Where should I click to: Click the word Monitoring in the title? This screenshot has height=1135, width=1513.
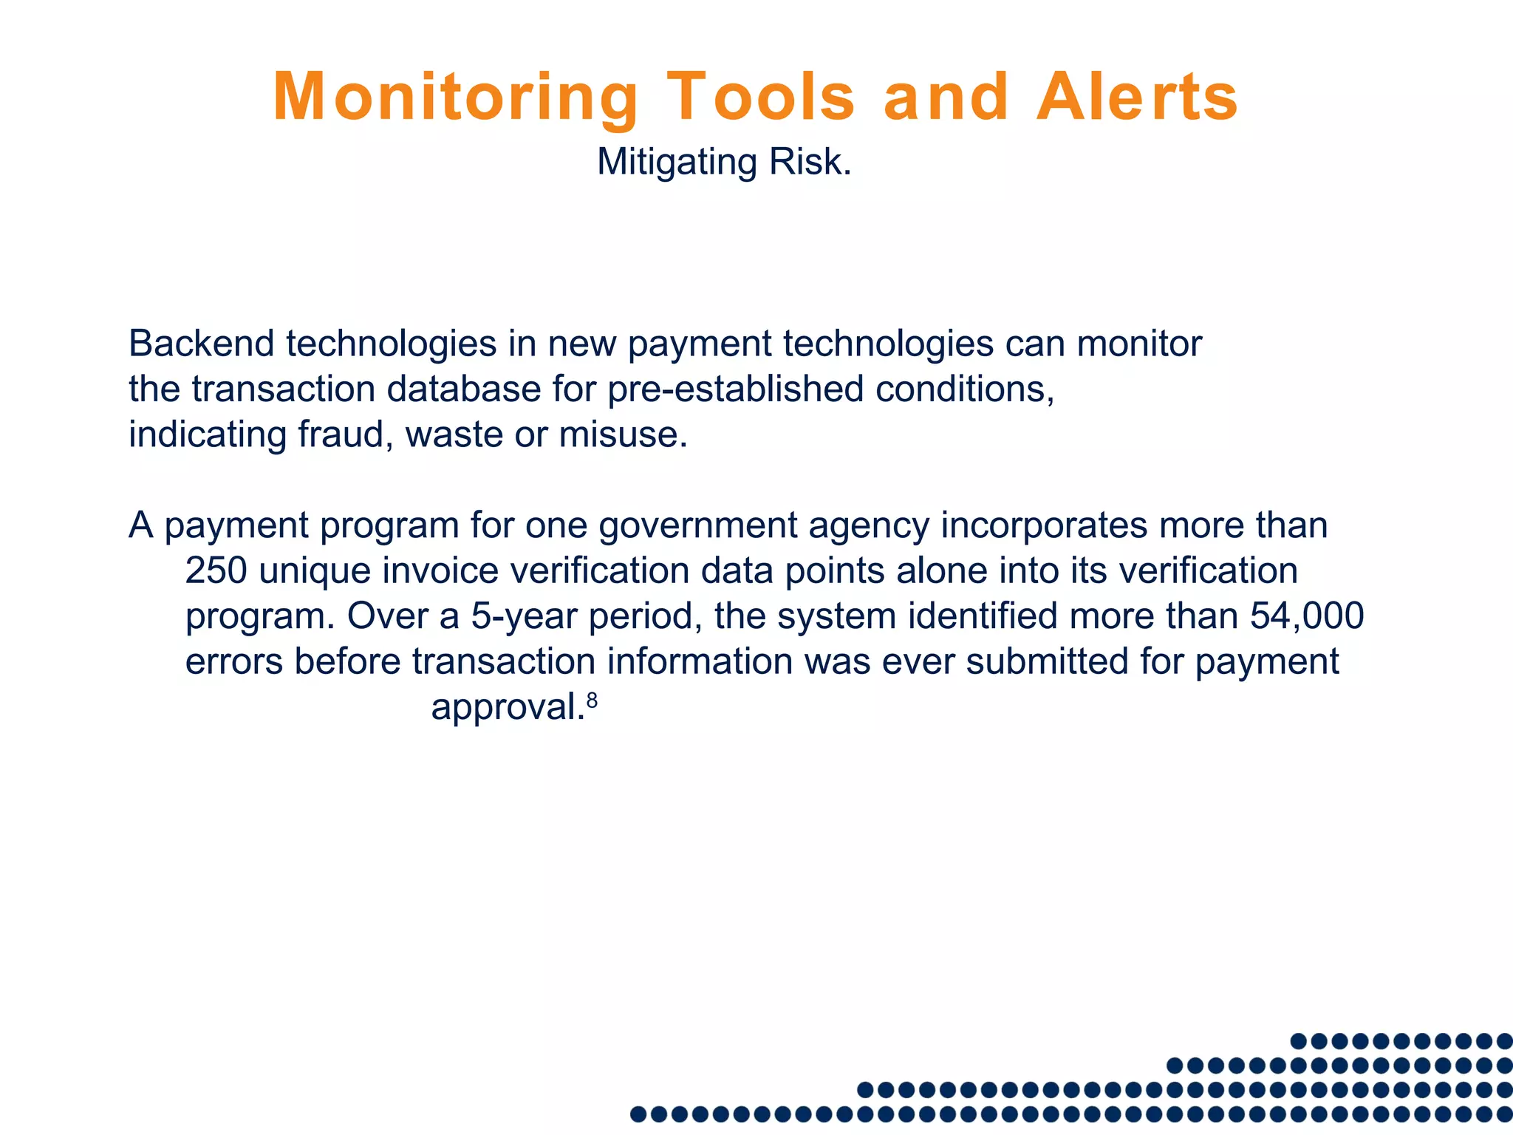point(455,98)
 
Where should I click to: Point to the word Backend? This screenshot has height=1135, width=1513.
point(201,344)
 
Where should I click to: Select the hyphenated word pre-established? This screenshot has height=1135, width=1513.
point(735,389)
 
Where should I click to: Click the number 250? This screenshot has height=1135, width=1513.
point(216,570)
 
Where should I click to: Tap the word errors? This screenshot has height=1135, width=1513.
point(233,661)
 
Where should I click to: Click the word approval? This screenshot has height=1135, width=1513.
point(506,707)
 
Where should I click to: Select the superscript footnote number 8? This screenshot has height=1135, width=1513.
point(591,698)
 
